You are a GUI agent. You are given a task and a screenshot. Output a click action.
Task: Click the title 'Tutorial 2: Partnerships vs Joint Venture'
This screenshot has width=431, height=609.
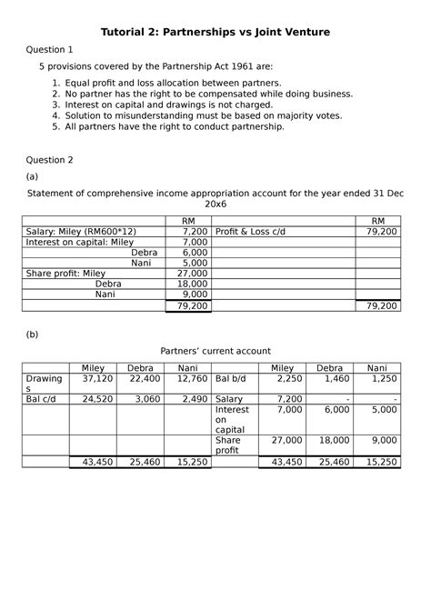point(215,33)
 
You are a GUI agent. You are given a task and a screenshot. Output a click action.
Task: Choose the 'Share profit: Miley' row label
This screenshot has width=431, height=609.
point(66,273)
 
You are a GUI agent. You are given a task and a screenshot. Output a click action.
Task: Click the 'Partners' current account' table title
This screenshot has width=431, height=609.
point(215,351)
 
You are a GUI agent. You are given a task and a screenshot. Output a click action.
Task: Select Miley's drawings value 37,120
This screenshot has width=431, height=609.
point(97,378)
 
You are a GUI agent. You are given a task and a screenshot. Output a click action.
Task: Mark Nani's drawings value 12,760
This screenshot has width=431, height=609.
point(192,378)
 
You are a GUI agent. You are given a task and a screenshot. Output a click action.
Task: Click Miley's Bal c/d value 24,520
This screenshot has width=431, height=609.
point(97,399)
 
